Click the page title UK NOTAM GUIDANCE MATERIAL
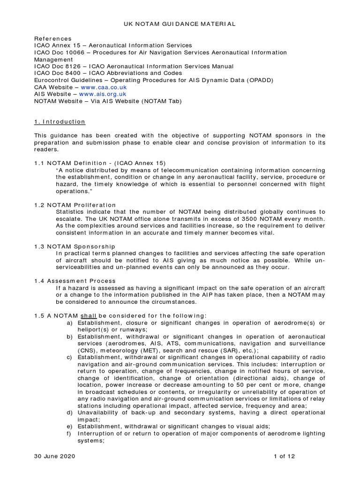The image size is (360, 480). click(180, 23)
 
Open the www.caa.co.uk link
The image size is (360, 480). click(104, 87)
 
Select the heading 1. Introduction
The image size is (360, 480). click(60, 122)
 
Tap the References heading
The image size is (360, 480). click(53, 38)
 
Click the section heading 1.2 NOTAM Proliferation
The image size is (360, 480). click(75, 205)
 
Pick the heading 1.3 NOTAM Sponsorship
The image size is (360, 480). click(75, 247)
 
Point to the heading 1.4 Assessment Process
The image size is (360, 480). click(75, 281)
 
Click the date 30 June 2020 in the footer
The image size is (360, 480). click(54, 456)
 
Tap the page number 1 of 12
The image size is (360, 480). click(285, 456)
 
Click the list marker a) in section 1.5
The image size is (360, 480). click(70, 323)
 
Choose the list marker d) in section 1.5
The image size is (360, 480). click(70, 412)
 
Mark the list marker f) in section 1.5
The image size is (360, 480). click(70, 434)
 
